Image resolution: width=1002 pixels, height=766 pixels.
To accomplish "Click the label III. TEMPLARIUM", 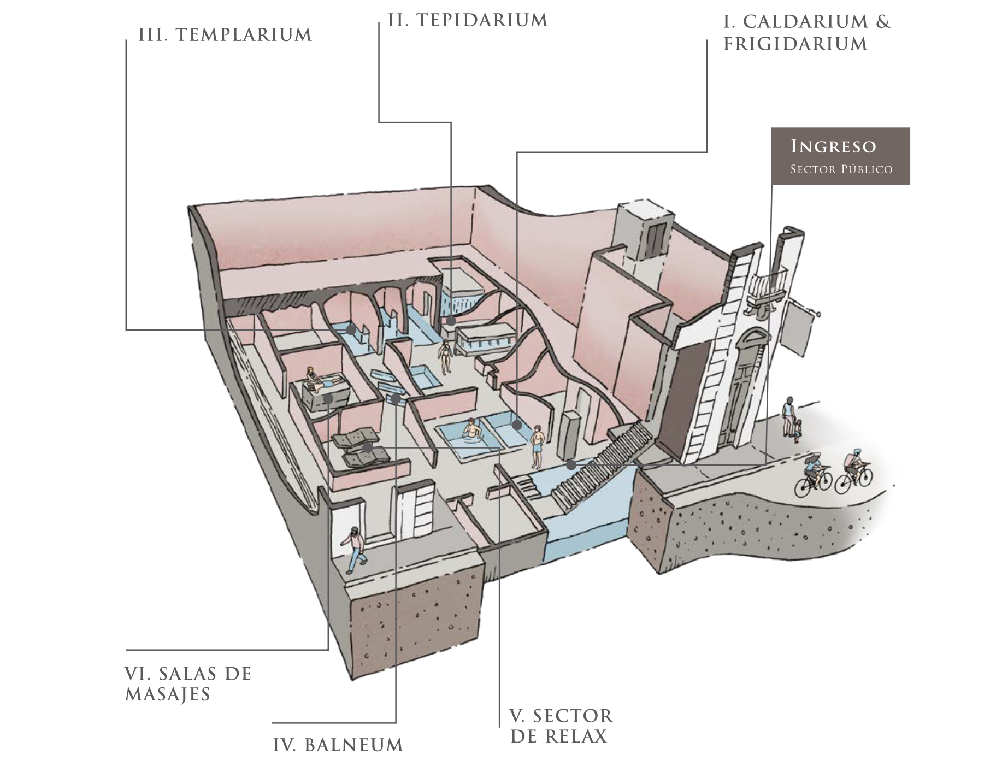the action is pos(225,35).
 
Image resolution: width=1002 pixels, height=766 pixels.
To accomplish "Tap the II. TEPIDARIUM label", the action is pos(468,20).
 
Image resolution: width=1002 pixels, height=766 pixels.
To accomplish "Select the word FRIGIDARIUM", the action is pos(795,44).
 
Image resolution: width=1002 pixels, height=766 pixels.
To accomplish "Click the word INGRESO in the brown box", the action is pos(833,146).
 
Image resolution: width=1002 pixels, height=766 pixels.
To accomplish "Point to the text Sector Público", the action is pos(841,169).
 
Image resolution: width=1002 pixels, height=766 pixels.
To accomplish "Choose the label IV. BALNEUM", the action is pos(338,745).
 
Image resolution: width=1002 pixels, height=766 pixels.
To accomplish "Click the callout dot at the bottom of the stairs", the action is pos(571,465).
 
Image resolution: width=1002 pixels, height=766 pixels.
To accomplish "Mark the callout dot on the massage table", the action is pos(328,399).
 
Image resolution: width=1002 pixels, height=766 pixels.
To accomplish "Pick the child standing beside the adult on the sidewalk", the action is pos(798,430).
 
